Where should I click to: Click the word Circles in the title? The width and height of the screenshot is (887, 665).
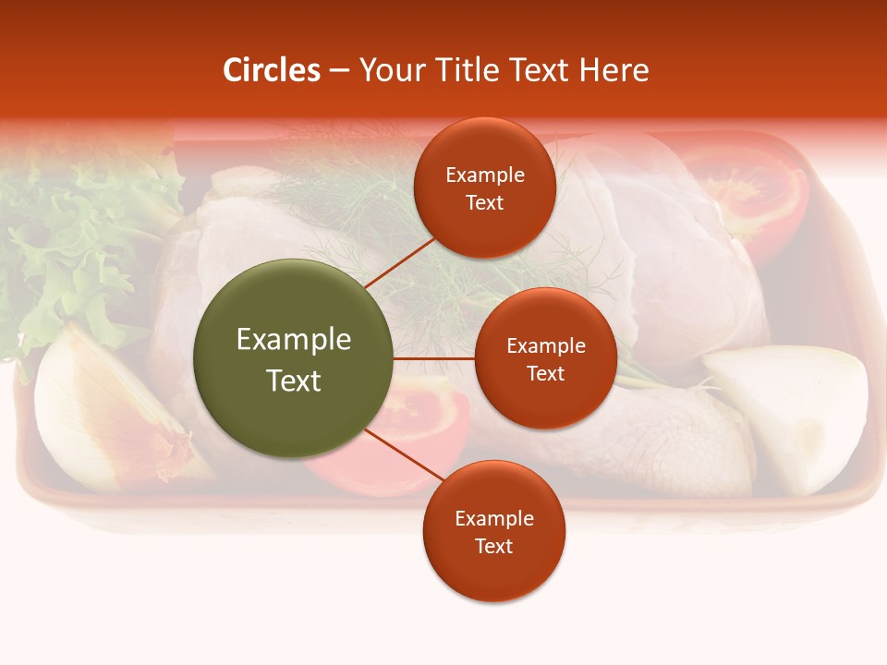pyautogui.click(x=271, y=70)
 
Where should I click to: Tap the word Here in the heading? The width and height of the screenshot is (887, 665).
pyautogui.click(x=614, y=70)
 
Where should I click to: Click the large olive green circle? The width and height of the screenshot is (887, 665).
pyautogui.click(x=294, y=358)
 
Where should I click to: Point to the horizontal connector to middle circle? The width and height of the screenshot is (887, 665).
pyautogui.click(x=434, y=358)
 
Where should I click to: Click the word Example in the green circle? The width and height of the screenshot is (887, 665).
pyautogui.click(x=294, y=339)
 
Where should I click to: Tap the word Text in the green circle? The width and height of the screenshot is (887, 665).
pyautogui.click(x=294, y=381)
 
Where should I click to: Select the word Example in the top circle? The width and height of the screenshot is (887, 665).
pyautogui.click(x=485, y=175)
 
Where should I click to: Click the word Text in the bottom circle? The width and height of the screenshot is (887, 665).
pyautogui.click(x=493, y=546)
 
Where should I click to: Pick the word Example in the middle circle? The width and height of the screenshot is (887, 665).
pyautogui.click(x=545, y=345)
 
